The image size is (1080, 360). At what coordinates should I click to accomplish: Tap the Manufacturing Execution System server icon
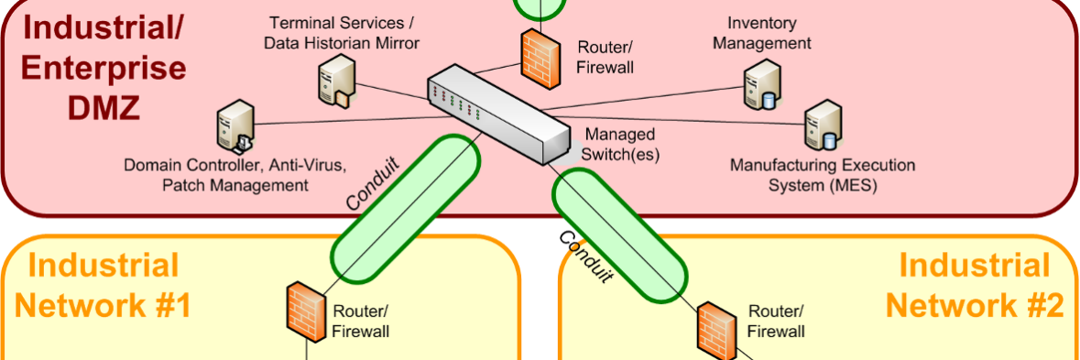click(x=821, y=128)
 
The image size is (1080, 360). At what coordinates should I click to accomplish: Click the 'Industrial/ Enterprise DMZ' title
click(x=104, y=68)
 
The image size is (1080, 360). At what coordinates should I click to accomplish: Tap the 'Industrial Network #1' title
click(x=103, y=286)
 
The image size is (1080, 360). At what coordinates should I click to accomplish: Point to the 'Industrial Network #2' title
click(x=974, y=286)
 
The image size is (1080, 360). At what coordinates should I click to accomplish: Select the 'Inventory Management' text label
click(x=762, y=32)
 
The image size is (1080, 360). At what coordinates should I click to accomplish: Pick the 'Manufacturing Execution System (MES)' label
click(x=822, y=176)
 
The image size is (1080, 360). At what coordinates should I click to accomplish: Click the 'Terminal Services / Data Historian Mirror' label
click(x=341, y=32)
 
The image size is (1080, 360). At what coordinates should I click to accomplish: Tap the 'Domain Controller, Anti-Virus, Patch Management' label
click(x=235, y=176)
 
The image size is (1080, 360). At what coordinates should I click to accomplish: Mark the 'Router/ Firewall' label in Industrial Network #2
click(x=777, y=322)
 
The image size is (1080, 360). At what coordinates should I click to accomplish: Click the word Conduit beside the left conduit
click(x=373, y=183)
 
